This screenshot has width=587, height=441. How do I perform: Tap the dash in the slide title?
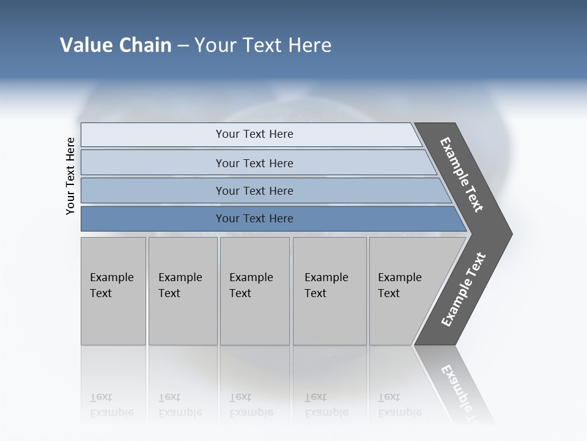[x=183, y=46]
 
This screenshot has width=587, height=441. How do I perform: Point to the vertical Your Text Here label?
[x=70, y=176]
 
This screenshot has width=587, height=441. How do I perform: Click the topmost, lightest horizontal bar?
[x=251, y=134]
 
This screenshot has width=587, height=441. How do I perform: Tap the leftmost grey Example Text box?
[x=113, y=290]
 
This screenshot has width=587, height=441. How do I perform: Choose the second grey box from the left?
[x=182, y=290]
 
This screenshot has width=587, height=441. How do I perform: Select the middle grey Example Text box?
[x=254, y=290]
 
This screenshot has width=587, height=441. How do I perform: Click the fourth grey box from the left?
[x=329, y=290]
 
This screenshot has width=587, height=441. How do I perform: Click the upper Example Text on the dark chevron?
[x=462, y=175]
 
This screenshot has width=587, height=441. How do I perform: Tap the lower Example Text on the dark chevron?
[x=463, y=290]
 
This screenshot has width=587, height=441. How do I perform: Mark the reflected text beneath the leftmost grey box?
[x=111, y=405]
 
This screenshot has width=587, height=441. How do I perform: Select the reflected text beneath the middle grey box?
[x=251, y=405]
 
